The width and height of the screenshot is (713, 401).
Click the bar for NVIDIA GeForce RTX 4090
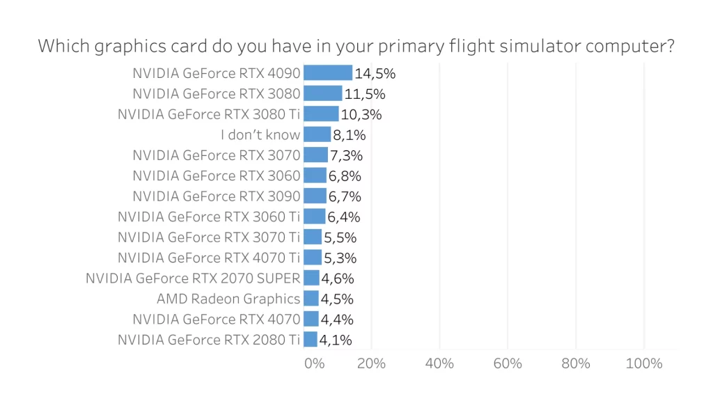tap(328, 73)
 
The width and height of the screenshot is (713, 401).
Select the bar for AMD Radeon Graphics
tap(311, 299)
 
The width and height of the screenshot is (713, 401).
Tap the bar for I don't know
tap(318, 134)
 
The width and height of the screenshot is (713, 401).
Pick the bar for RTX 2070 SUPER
tap(311, 278)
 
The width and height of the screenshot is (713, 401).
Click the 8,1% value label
tap(350, 134)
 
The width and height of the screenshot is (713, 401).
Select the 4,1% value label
tap(336, 340)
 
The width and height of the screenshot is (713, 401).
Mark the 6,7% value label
tap(345, 196)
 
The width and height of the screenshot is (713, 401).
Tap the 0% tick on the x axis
tap(315, 363)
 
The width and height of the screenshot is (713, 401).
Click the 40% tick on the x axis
tap(439, 363)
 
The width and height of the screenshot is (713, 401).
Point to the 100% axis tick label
tap(644, 363)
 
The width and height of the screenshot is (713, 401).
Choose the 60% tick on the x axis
tap(508, 363)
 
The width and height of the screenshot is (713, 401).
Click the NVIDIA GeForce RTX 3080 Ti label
tap(209, 114)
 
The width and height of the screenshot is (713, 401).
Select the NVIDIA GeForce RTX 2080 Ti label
tap(209, 340)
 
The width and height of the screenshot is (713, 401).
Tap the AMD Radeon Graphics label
tap(228, 299)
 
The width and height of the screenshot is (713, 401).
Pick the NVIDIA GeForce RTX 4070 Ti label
tap(209, 258)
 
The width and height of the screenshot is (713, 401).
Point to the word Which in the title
tap(59, 47)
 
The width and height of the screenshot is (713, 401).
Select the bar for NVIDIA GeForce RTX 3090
tap(315, 196)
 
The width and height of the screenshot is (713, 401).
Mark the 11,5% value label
tap(365, 94)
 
